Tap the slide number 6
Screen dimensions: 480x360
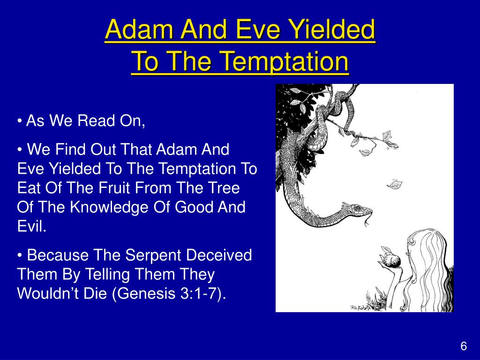coord(464,346)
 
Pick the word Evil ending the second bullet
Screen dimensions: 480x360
coord(31,226)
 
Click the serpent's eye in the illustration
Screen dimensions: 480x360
coord(357,208)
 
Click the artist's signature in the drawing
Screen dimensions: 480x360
coord(360,308)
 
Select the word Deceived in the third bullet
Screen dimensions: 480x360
coord(218,255)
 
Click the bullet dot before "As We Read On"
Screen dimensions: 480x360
coord(20,121)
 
